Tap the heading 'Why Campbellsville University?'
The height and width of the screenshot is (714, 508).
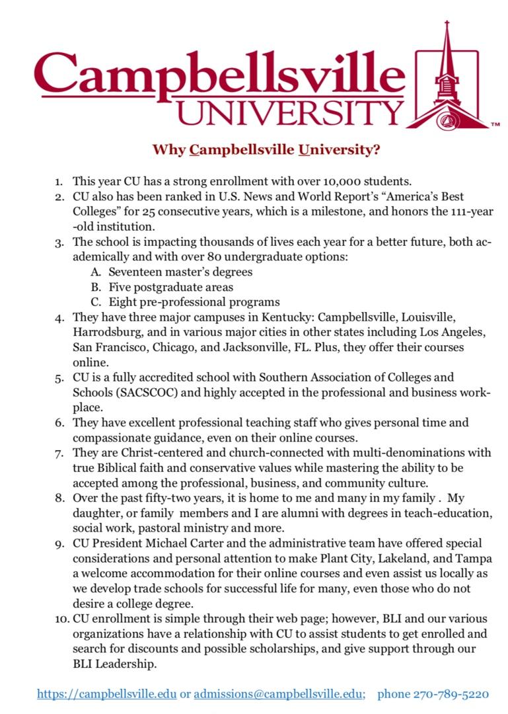click(266, 149)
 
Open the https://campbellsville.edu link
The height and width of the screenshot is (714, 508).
click(107, 694)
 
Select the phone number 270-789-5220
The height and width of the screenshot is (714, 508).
click(451, 694)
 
